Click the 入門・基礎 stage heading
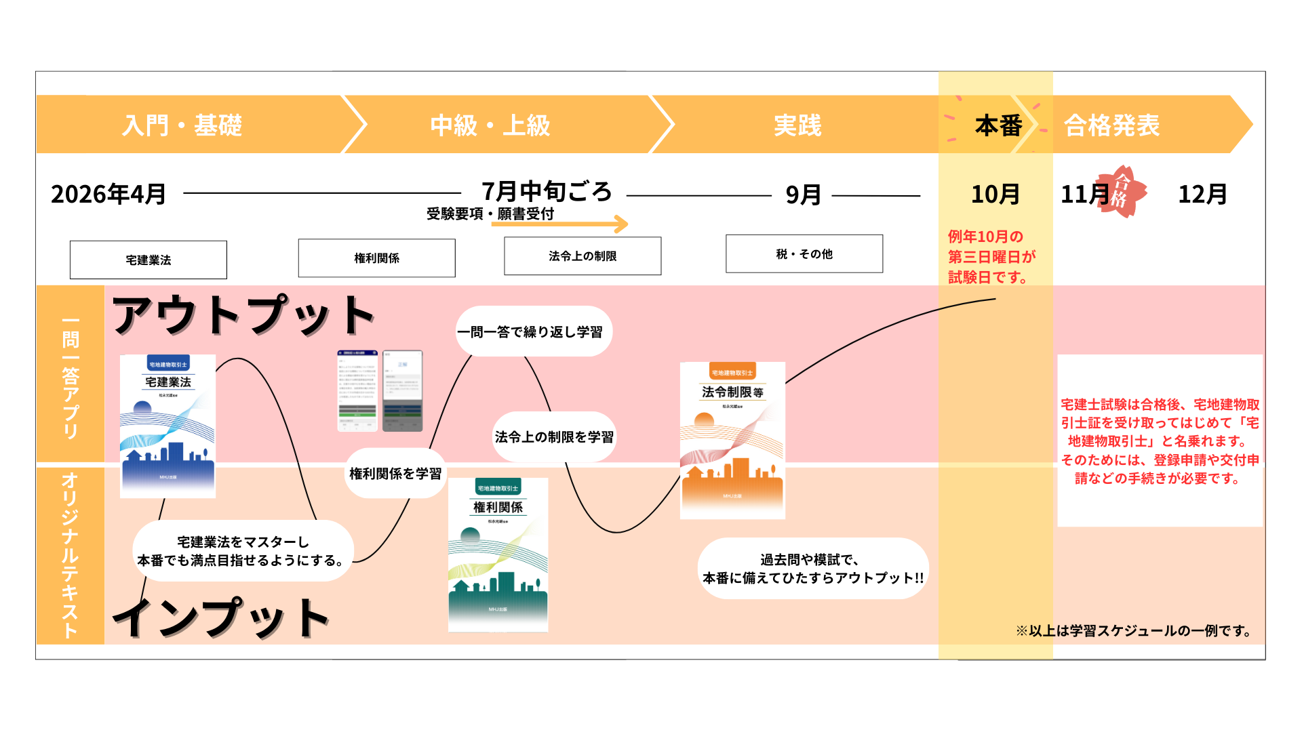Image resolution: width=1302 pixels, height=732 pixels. pos(182,125)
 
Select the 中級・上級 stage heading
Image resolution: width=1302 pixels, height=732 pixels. pos(490,125)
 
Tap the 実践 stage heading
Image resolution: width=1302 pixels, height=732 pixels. pos(797,125)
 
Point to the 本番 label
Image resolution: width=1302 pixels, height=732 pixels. pos(998,125)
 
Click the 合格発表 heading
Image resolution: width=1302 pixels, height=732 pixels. pos(1112,125)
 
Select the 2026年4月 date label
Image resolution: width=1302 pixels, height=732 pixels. pos(108,195)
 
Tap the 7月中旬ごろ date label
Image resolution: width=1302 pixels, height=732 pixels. pos(547,192)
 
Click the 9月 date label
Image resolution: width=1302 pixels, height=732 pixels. pos(803,195)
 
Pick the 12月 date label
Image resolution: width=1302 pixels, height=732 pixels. pos(1202,195)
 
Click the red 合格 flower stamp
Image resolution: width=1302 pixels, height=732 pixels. pos(1123,192)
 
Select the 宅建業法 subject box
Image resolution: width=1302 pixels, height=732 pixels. pos(149,260)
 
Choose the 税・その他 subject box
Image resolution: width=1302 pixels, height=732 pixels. pos(804,254)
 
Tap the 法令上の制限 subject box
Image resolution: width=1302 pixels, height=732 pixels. pos(583,256)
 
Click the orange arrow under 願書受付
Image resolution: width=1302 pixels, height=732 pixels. pos(560,224)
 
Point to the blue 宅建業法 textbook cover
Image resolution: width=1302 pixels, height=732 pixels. pos(167,426)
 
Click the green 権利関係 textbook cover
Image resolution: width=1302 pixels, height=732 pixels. pos(498,554)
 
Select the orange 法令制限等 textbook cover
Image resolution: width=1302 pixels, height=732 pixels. pos(732,441)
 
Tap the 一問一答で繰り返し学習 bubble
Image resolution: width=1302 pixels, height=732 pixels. pos(534,332)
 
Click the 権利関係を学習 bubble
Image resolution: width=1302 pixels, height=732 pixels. pos(395,474)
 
